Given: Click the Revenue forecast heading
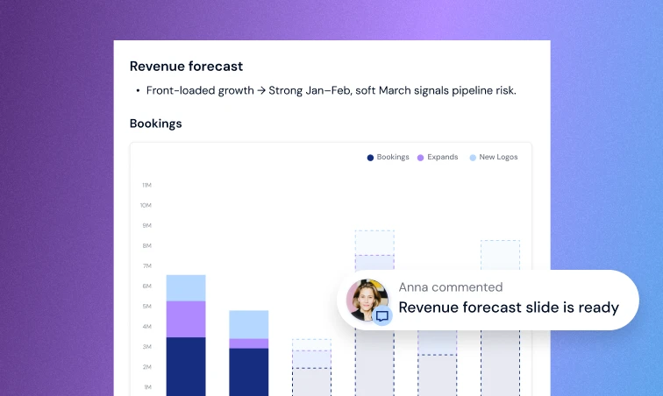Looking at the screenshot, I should pyautogui.click(x=186, y=67).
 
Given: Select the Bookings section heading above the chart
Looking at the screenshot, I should pyautogui.click(x=155, y=124).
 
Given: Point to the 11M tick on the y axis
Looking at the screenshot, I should pyautogui.click(x=146, y=185).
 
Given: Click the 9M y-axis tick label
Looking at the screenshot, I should pyautogui.click(x=146, y=225).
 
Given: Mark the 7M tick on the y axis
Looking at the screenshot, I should pyautogui.click(x=146, y=265).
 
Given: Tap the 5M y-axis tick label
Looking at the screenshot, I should pyautogui.click(x=146, y=306).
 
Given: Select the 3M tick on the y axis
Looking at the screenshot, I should pyautogui.click(x=146, y=347).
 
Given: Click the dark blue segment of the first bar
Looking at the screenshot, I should pyautogui.click(x=186, y=366).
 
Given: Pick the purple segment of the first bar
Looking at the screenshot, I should pyautogui.click(x=186, y=319).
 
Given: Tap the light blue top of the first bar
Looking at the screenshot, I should pyautogui.click(x=186, y=287).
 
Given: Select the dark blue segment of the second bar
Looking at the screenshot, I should pyautogui.click(x=249, y=371).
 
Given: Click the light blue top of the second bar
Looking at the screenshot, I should pyautogui.click(x=249, y=324).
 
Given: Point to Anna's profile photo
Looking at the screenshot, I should pyautogui.click(x=367, y=298).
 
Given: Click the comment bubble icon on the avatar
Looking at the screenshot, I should pyautogui.click(x=382, y=316).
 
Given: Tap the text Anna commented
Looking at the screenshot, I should pyautogui.click(x=451, y=287).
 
